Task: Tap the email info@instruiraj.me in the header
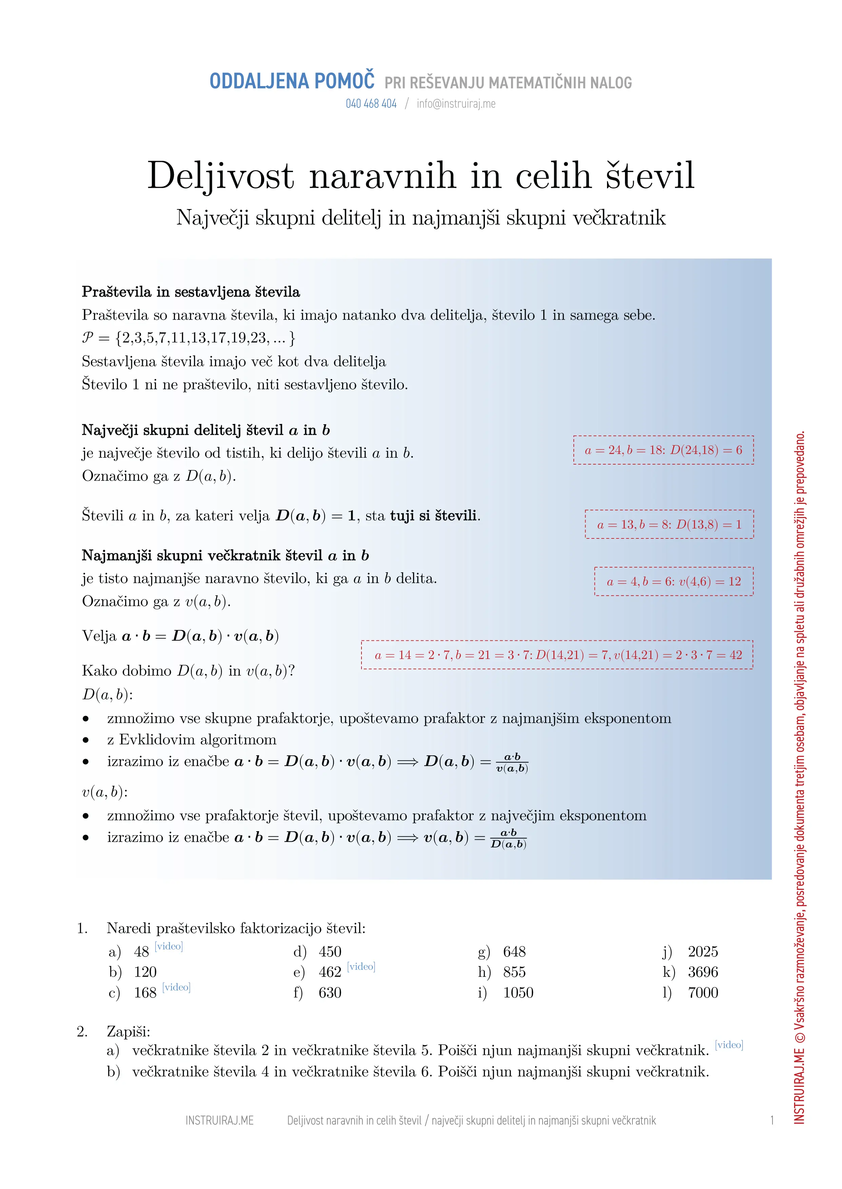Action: point(456,104)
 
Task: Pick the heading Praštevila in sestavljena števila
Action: point(191,292)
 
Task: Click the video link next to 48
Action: point(169,946)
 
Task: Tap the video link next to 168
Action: point(176,987)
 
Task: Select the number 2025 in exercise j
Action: point(703,952)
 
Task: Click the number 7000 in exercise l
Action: point(703,993)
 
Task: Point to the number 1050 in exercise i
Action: point(518,993)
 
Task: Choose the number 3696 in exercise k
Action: point(703,972)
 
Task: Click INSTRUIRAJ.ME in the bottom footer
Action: point(219,1121)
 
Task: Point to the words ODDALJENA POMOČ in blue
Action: point(292,81)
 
